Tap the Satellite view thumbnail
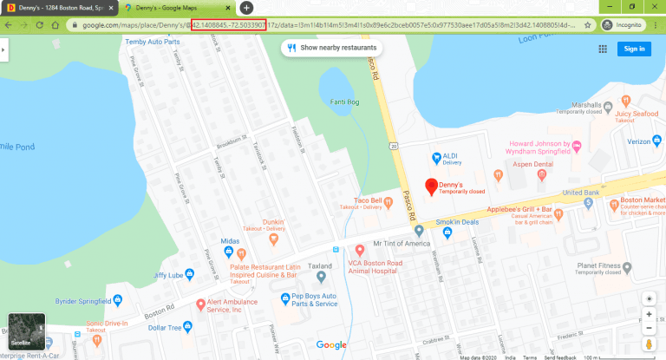pos(26,332)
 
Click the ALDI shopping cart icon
pos(435,157)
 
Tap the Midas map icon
pos(228,252)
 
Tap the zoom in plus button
pos(649,314)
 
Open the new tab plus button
pos(246,7)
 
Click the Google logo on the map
pos(331,344)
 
